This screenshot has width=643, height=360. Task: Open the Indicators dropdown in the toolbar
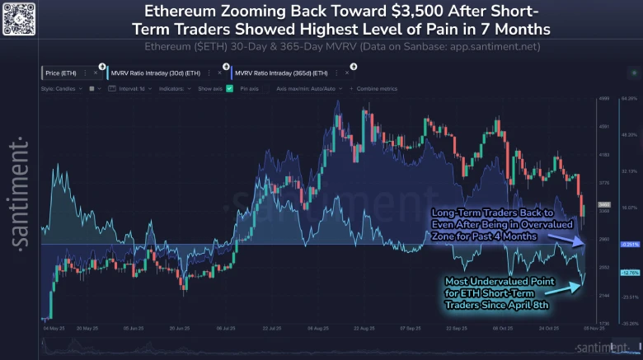[176, 86]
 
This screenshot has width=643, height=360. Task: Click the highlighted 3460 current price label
[603, 203]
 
